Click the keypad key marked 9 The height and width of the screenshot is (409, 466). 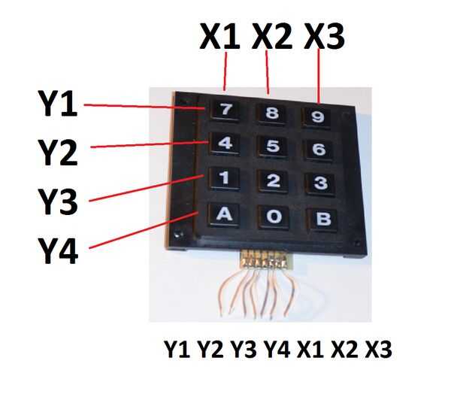[318, 117]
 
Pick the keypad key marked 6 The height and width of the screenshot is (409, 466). [319, 149]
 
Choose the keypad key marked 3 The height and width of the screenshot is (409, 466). [320, 183]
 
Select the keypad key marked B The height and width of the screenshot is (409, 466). [322, 219]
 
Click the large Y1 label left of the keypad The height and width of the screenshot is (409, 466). [56, 105]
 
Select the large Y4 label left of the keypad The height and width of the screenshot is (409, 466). [56, 250]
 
